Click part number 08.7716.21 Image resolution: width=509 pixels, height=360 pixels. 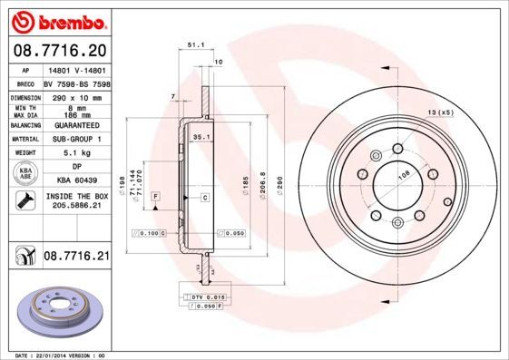click(x=76, y=258)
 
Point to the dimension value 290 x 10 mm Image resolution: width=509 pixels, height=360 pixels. click(x=76, y=96)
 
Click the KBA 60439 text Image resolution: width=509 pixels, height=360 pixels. click(x=76, y=180)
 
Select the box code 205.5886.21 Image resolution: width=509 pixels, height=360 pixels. click(x=76, y=207)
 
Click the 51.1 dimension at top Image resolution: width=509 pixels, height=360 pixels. click(x=193, y=43)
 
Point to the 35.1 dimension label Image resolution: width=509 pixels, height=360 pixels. click(x=201, y=136)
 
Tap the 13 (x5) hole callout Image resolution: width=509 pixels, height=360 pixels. click(x=440, y=112)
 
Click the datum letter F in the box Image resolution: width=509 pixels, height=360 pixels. click(x=155, y=197)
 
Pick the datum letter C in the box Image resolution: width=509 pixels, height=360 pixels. click(x=204, y=197)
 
